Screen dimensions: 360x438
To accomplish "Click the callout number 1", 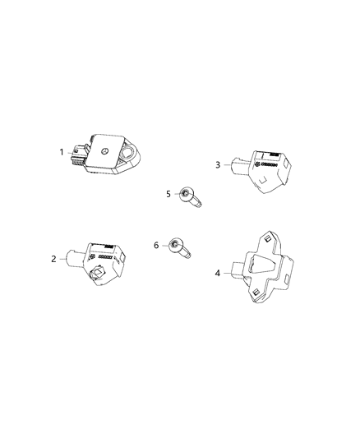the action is tap(62, 152).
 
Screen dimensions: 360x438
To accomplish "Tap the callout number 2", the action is tap(53, 259).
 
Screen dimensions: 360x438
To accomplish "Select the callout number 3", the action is tap(218, 165).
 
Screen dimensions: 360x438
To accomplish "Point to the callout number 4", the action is tap(218, 273).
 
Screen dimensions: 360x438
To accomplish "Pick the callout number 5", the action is tap(168, 194).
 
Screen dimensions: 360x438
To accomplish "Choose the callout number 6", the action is tap(156, 245).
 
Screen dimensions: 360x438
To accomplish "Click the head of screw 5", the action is tap(186, 194).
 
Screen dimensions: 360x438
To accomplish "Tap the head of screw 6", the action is tap(175, 245).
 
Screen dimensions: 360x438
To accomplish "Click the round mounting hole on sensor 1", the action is tap(128, 154).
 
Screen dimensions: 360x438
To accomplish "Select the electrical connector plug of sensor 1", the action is tap(79, 155).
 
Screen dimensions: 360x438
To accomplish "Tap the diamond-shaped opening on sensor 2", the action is tap(98, 272).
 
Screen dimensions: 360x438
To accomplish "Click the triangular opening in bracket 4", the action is tap(262, 264).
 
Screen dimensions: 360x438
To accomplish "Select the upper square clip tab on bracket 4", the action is tap(268, 238).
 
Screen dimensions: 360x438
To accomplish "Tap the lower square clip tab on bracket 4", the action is tap(256, 293).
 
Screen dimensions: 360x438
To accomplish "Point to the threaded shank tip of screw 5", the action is tap(199, 205).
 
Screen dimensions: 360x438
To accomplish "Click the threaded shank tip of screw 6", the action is tap(187, 255).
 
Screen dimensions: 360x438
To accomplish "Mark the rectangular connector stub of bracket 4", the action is tap(238, 270).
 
